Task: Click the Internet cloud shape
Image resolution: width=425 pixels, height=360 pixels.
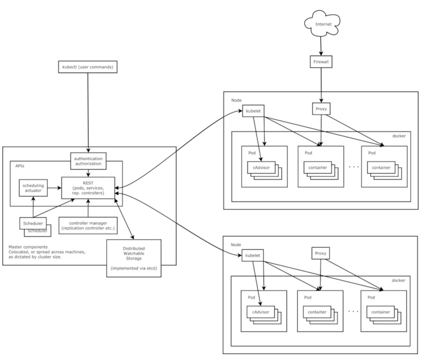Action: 322,23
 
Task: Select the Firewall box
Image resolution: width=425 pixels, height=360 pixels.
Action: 321,62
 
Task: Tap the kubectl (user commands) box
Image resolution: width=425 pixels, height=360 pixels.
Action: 88,67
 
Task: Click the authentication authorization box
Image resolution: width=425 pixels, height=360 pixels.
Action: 88,161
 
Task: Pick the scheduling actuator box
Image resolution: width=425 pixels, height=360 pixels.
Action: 33,188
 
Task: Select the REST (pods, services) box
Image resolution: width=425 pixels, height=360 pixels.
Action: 88,188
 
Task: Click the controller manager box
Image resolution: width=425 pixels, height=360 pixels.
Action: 88,226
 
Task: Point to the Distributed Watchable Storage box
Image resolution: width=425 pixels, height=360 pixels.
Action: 134,258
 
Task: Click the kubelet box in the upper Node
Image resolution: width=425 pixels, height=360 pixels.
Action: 253,111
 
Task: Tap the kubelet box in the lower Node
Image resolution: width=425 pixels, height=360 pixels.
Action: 253,255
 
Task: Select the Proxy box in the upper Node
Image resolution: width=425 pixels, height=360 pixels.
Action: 321,109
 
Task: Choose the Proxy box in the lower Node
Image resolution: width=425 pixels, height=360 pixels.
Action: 321,253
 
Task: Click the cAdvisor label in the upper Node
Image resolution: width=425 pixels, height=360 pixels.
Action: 262,168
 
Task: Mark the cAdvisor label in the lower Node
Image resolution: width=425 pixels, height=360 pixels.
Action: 261,312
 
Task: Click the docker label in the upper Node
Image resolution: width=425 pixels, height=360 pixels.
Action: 399,136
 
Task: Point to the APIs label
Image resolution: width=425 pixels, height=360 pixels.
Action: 20,166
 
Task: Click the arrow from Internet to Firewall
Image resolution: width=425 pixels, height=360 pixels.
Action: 321,46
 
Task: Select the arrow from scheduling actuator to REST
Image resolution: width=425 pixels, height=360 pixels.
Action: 54,188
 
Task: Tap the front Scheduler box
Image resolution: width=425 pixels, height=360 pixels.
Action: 33,223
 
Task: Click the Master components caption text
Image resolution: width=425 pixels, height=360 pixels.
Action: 47,252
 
